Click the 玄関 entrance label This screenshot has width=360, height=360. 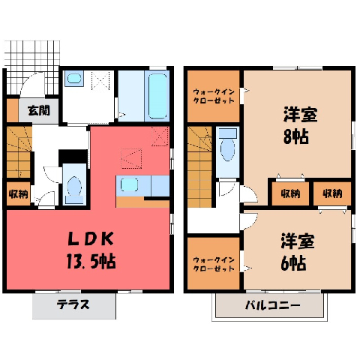39,111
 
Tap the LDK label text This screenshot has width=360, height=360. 91,239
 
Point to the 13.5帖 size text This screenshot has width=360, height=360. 91,261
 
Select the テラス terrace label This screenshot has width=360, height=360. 73,304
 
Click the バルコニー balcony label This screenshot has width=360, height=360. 272,305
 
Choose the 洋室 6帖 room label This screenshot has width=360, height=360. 298,252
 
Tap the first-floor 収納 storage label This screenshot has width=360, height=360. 19,194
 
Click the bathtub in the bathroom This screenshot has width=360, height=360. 157,96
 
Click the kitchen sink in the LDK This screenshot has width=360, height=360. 129,184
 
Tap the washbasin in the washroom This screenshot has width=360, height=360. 74,79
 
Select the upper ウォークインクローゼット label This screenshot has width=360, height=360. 214,96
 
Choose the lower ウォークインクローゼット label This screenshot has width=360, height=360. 214,265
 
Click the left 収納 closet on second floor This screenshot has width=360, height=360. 290,193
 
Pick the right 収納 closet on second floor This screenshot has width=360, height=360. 332,193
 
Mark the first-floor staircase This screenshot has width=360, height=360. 19,152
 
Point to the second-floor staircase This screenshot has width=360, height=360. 199,167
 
